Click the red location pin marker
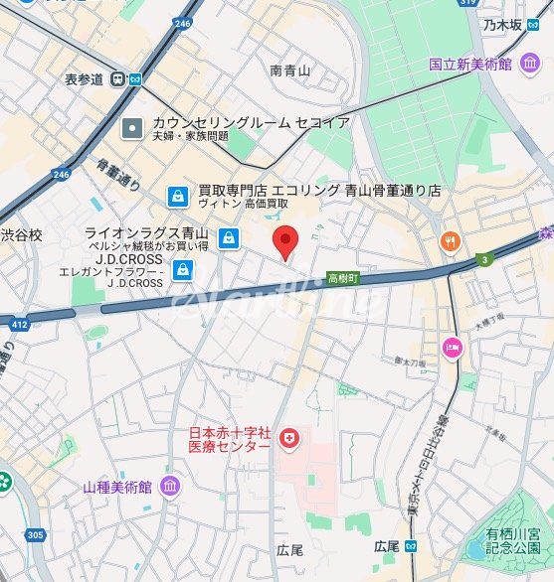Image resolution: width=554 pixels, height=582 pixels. point(286,241)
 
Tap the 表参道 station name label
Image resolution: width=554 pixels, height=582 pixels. point(85,79)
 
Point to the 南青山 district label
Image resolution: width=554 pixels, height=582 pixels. point(290,71)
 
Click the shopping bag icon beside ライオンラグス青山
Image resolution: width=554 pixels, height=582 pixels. point(230,237)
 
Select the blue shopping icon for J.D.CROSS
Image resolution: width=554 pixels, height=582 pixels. point(183,269)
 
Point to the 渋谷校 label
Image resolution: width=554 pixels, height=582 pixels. point(22,235)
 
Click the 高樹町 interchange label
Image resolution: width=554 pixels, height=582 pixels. point(343,280)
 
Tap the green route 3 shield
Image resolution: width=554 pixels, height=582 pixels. point(484,260)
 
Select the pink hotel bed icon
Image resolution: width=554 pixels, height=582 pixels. point(454,348)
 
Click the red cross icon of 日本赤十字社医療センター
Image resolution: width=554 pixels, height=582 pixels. point(289,438)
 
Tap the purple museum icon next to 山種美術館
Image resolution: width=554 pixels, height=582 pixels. point(169,488)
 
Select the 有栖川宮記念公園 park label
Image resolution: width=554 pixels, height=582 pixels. point(513,541)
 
